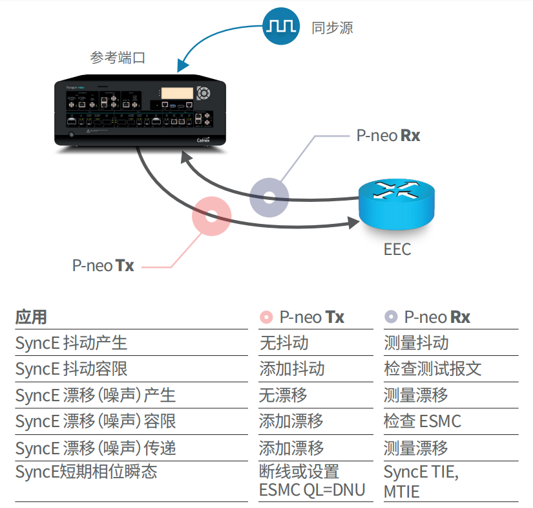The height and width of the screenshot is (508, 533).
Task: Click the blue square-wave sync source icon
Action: tap(281, 26)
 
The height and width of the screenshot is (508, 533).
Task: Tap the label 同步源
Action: tap(332, 27)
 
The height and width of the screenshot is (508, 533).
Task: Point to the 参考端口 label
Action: tap(118, 58)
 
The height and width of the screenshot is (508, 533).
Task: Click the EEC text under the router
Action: tap(397, 250)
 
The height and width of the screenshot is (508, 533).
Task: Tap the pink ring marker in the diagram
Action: tap(211, 215)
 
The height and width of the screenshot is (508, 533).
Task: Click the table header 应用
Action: tap(31, 317)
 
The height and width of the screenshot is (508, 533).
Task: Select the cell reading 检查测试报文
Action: tap(432, 369)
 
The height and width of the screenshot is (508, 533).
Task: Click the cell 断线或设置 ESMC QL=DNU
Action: tap(311, 481)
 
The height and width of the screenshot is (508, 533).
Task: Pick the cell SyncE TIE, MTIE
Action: tap(421, 481)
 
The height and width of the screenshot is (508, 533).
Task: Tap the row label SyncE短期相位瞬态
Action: tap(86, 472)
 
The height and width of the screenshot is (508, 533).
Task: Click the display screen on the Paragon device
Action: tap(177, 94)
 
